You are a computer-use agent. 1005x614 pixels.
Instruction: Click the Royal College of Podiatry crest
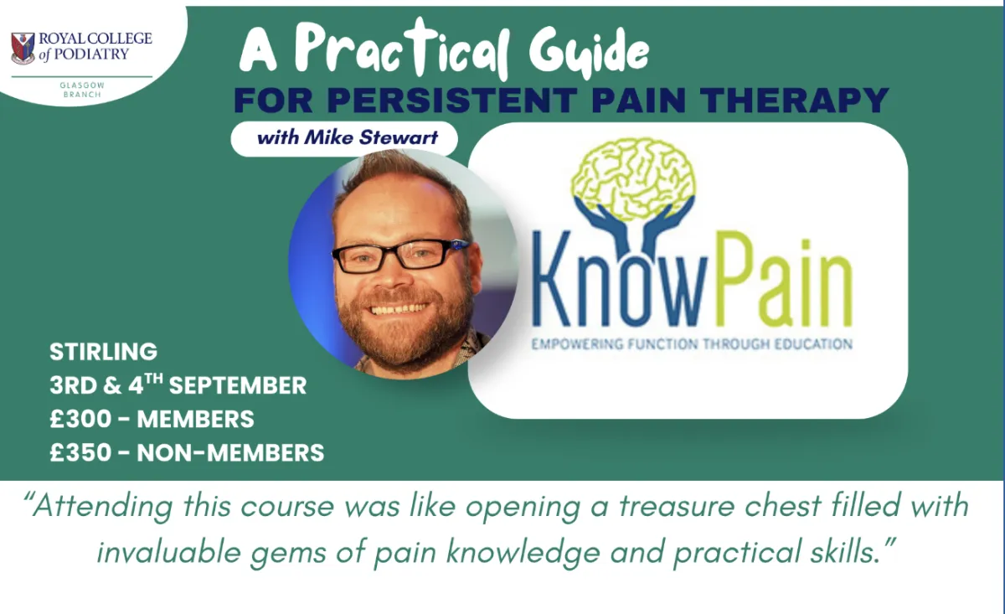(23, 48)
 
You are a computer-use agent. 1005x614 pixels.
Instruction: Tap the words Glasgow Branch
(82, 90)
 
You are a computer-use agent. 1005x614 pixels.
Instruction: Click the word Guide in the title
(589, 51)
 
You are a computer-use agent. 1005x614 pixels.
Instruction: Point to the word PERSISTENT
(452, 100)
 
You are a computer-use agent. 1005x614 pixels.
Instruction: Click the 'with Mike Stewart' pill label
(344, 138)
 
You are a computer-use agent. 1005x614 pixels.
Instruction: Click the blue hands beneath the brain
(634, 224)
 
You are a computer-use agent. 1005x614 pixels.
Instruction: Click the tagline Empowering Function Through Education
(692, 344)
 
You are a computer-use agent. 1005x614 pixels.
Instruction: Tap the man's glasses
(400, 255)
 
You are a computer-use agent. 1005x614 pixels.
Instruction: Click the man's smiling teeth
(399, 309)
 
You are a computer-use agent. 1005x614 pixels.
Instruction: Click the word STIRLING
(104, 352)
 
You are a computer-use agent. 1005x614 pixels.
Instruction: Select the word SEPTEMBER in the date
(238, 385)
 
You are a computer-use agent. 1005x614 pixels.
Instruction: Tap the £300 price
(80, 419)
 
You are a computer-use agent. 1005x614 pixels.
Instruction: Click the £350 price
(80, 452)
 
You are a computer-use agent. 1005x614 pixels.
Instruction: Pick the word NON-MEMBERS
(230, 452)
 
